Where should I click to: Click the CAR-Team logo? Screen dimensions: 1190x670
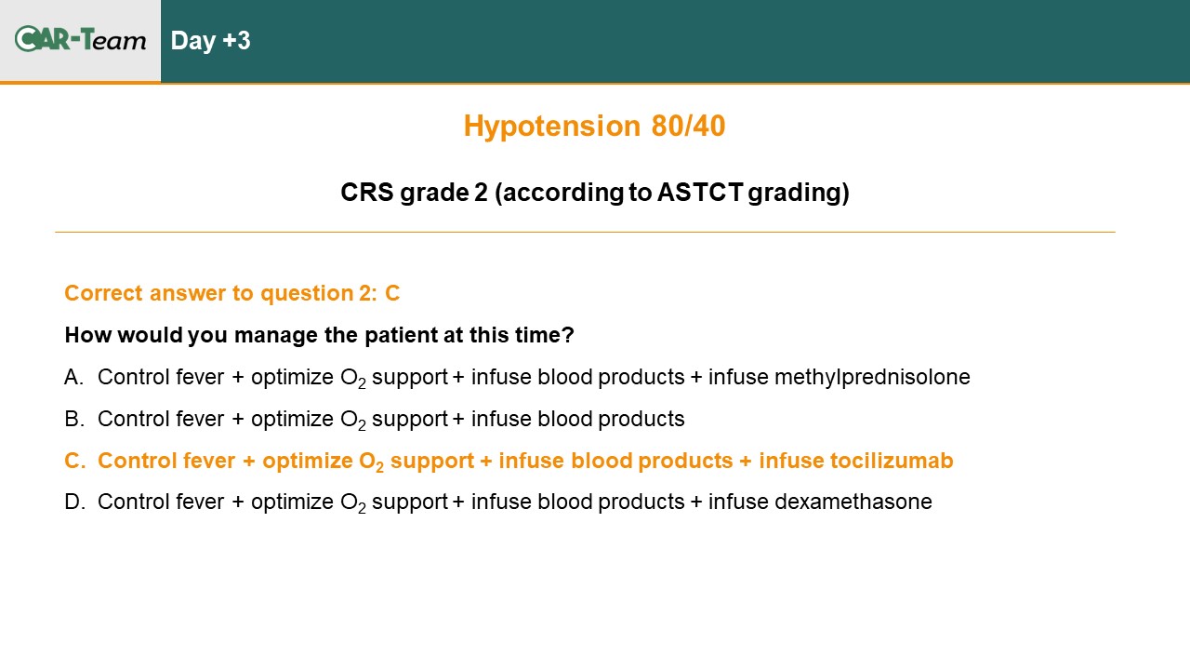pos(80,39)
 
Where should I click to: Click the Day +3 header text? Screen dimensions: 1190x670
pos(210,41)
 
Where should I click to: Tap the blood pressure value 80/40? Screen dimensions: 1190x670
pos(688,126)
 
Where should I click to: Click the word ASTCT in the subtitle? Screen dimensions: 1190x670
pos(700,193)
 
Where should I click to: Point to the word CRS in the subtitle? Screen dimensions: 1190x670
pos(366,193)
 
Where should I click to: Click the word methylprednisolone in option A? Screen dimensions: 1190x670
pos(872,378)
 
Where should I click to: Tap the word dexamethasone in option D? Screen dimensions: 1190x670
pos(853,502)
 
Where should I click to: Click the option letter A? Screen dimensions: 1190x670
pos(73,377)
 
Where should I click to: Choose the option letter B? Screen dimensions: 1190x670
pos(74,419)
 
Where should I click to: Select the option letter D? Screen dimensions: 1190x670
pos(75,502)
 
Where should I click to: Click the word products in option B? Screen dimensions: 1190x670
pos(641,420)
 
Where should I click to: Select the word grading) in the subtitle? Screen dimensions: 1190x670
pos(799,193)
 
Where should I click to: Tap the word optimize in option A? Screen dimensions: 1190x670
pos(292,378)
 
